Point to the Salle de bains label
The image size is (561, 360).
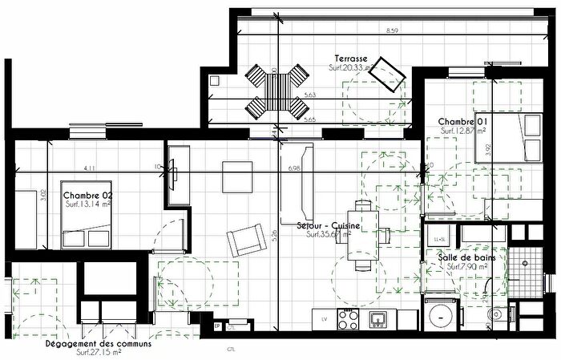pos(466,257)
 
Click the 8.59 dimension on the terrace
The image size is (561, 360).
pos(392,30)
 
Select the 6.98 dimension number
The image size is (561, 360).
pos(293,168)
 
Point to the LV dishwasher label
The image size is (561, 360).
pos(324,318)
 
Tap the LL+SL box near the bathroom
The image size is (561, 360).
pos(439,240)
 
